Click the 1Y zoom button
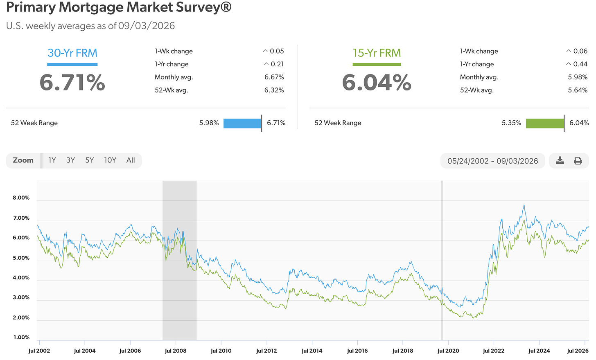tap(52, 160)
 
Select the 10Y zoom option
tap(110, 160)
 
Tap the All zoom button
tap(130, 160)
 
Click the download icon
tap(560, 160)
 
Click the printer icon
tap(578, 161)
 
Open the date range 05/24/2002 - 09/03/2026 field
tap(492, 161)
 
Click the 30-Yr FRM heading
tap(72, 53)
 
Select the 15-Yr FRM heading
tap(377, 53)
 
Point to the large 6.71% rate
tap(72, 82)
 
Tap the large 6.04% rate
tap(377, 82)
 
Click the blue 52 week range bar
tap(242, 124)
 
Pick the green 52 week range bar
tap(545, 124)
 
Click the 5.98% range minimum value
tap(209, 123)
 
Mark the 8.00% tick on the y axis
tap(21, 198)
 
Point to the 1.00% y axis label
tap(21, 337)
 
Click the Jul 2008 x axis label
tap(176, 351)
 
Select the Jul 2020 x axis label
tap(448, 351)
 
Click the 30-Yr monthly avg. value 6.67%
tap(274, 77)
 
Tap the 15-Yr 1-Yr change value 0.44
tap(580, 64)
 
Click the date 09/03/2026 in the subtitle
tap(147, 26)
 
